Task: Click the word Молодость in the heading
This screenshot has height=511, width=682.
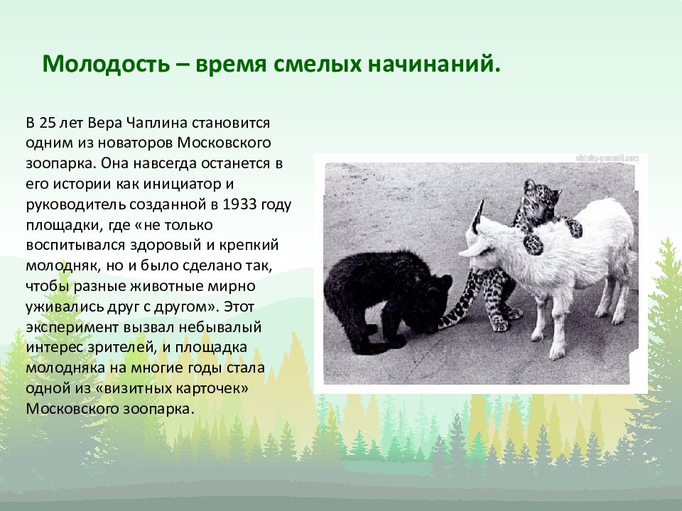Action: click(x=106, y=64)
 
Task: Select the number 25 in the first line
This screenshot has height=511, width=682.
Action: click(x=48, y=123)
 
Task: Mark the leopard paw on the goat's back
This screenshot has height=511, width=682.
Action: click(x=534, y=244)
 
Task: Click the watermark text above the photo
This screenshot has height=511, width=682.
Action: click(x=607, y=158)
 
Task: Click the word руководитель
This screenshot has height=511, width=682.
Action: click(x=77, y=205)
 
